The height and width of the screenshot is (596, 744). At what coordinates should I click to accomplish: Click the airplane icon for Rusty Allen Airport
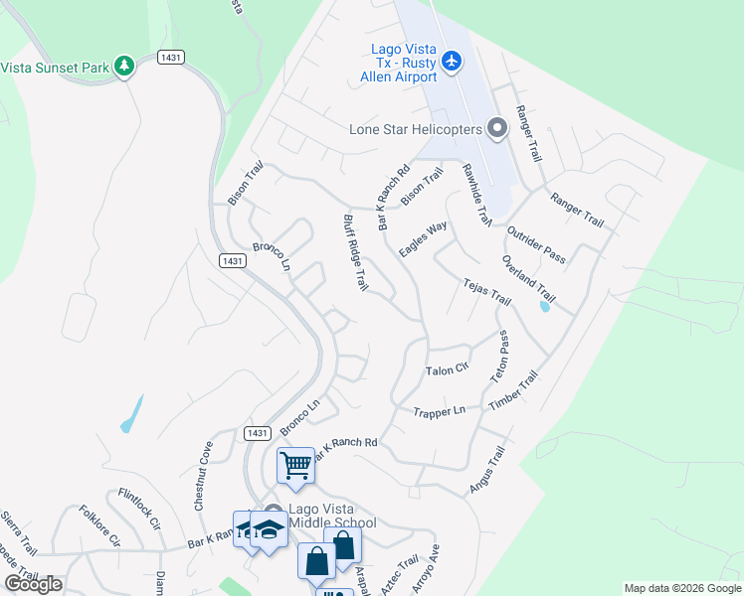pyautogui.click(x=453, y=62)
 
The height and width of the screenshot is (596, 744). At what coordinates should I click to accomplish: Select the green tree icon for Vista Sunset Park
pyautogui.click(x=124, y=66)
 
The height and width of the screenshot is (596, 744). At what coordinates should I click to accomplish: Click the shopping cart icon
pyautogui.click(x=296, y=464)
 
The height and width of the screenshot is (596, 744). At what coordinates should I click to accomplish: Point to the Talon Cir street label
pyautogui.click(x=447, y=371)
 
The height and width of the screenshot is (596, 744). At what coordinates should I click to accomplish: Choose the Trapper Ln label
pyautogui.click(x=440, y=410)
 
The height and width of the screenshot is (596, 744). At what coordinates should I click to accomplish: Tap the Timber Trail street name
pyautogui.click(x=513, y=391)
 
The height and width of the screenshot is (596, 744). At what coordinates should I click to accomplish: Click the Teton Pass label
pyautogui.click(x=500, y=358)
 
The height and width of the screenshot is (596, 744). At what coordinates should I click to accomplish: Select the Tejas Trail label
pyautogui.click(x=486, y=292)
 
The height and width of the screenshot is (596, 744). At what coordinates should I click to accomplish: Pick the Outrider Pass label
pyautogui.click(x=535, y=244)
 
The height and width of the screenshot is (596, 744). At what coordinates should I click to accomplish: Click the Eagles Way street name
pyautogui.click(x=423, y=239)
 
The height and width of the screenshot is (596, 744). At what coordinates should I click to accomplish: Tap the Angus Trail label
pyautogui.click(x=487, y=470)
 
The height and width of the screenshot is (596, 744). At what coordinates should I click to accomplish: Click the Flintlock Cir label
pyautogui.click(x=138, y=508)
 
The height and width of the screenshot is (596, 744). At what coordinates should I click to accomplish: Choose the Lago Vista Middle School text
pyautogui.click(x=332, y=516)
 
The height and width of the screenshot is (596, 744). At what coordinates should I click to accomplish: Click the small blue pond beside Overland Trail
pyautogui.click(x=543, y=306)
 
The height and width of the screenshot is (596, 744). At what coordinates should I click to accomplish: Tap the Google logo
pyautogui.click(x=33, y=584)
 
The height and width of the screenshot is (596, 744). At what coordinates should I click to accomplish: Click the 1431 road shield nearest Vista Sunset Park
pyautogui.click(x=170, y=59)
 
